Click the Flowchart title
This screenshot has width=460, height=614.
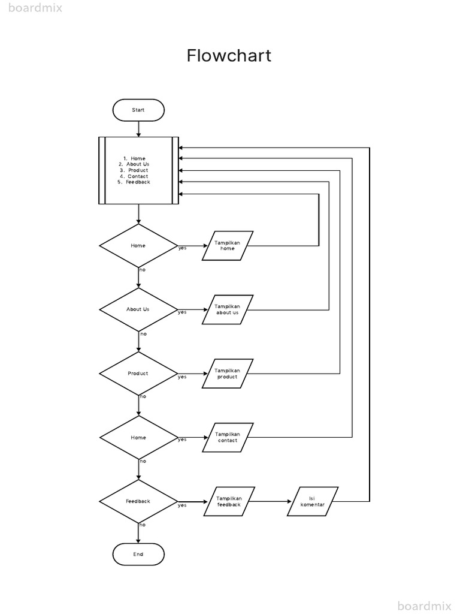tap(229, 56)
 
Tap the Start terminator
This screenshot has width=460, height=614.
tap(138, 110)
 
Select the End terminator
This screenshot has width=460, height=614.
tap(138, 554)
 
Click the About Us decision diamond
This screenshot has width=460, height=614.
tap(138, 309)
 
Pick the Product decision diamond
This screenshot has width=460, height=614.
tap(138, 374)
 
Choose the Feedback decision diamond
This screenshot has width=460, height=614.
tap(138, 501)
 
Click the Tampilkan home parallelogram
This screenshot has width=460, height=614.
tap(228, 246)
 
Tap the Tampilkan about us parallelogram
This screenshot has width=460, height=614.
tap(228, 310)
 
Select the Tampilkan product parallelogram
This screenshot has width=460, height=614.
tap(228, 374)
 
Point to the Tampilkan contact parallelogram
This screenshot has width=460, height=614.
tap(228, 438)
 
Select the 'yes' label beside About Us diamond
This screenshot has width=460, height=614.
tap(182, 312)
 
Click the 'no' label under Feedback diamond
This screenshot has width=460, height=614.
tap(143, 525)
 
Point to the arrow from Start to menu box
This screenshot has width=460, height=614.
tap(138, 128)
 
